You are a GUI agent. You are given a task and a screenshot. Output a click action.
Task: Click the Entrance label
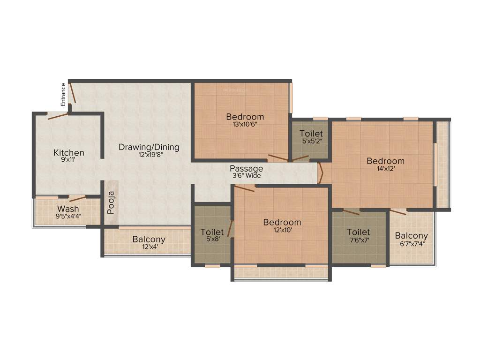[63, 94]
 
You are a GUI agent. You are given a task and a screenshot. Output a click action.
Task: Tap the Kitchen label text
[69, 153]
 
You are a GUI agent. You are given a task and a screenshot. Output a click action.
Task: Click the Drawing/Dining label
[149, 147]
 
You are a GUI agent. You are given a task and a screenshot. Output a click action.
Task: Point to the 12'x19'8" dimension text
[149, 155]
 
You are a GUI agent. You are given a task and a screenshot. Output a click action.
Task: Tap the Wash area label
[68, 209]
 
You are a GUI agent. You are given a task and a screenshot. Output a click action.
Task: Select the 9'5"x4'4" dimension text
[68, 216]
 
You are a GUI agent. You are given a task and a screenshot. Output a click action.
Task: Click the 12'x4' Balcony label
[149, 240]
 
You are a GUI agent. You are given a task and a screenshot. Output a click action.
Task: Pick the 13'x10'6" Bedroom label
[245, 117]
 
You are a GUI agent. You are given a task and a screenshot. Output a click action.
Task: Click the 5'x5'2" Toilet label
[311, 134]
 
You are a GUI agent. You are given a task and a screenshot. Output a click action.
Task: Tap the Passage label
[246, 169]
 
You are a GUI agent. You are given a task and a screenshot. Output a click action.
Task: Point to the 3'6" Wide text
[246, 176]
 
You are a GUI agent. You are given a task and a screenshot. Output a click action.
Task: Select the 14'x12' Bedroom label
[385, 161]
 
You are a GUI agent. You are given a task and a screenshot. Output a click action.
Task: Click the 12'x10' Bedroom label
[282, 222]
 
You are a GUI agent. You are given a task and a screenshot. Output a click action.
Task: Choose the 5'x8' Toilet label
[212, 232]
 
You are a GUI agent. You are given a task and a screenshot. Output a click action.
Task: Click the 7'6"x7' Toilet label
[359, 232]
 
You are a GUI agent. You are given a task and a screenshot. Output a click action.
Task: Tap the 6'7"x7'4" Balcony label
[411, 236]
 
